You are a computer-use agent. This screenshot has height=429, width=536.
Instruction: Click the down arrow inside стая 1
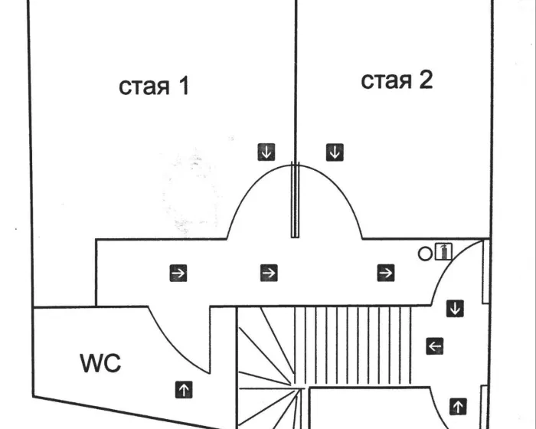[266, 152]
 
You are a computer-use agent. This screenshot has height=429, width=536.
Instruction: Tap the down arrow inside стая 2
[335, 152]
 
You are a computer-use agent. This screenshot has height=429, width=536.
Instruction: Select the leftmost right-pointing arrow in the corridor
[178, 272]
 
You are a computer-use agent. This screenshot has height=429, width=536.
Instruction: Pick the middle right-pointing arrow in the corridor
[268, 272]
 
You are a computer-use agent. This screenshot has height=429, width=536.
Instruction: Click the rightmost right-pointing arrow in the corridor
[385, 272]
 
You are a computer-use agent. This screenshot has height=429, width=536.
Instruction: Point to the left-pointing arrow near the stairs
[434, 346]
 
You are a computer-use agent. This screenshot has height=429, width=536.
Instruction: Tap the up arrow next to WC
[184, 388]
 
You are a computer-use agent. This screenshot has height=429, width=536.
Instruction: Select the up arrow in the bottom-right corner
[458, 405]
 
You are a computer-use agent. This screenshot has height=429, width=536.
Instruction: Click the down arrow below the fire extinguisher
[456, 309]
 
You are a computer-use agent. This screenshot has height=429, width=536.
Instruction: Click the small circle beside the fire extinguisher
[425, 253]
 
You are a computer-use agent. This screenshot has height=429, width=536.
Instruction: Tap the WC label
[100, 363]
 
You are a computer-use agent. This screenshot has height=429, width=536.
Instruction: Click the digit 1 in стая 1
[182, 86]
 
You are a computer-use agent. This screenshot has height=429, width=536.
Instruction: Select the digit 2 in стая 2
[424, 80]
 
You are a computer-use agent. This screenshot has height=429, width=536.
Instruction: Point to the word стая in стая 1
[144, 87]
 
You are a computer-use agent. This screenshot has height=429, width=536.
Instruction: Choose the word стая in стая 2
[386, 80]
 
